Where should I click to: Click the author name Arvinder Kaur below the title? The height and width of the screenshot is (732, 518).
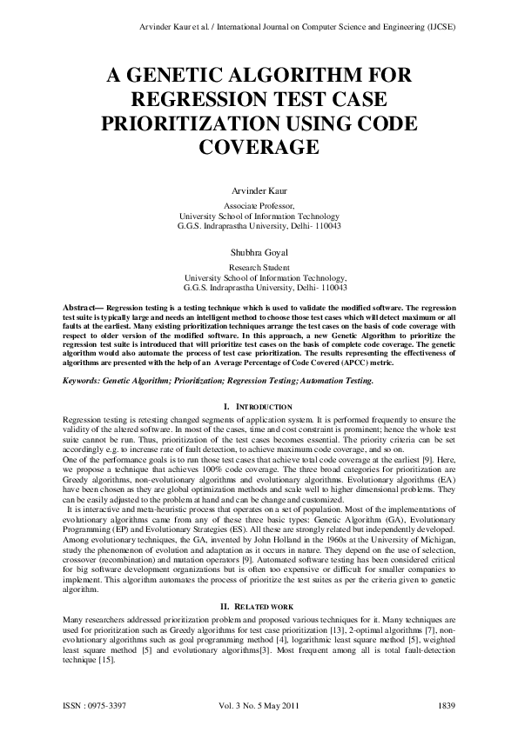(259, 190)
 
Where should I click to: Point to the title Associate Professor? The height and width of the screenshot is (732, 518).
(259, 206)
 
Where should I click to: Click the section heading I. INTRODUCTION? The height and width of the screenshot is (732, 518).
(259, 407)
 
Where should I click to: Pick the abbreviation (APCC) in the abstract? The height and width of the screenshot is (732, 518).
(335, 363)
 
